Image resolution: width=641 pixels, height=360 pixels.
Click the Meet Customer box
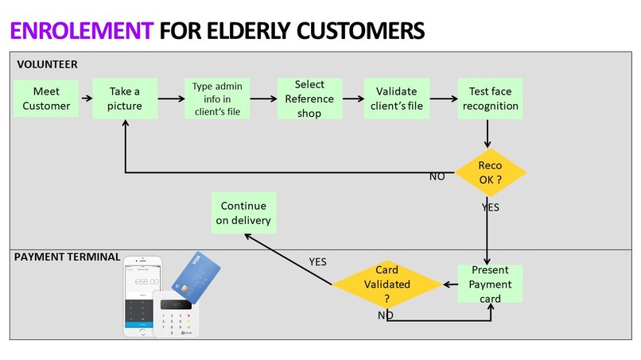(46, 99)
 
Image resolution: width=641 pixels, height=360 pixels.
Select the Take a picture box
(125, 99)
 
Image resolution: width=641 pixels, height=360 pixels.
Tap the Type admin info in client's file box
(217, 99)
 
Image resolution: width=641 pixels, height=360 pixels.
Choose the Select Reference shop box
(309, 99)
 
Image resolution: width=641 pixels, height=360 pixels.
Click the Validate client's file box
(397, 99)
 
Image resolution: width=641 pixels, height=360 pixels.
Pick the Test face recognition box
(490, 99)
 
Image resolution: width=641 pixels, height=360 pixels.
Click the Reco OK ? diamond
(490, 172)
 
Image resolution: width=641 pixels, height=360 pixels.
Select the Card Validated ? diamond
(387, 284)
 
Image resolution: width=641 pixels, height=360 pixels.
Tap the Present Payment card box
(490, 284)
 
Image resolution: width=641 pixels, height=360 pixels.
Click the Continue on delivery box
(243, 213)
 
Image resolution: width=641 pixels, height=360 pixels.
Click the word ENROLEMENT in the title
(82, 31)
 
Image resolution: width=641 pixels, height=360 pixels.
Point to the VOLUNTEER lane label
(48, 64)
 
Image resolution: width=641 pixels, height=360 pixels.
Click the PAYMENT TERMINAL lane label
(67, 257)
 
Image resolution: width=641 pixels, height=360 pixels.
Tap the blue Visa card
(196, 277)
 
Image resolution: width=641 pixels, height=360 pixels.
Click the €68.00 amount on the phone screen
(147, 281)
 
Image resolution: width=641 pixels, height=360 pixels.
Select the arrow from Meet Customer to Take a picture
(87, 98)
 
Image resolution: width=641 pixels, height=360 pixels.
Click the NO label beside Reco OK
(437, 176)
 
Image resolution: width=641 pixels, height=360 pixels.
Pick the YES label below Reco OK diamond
(490, 207)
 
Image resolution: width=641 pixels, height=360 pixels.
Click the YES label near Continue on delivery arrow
(317, 262)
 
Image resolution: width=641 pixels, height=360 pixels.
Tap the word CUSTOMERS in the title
(360, 31)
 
